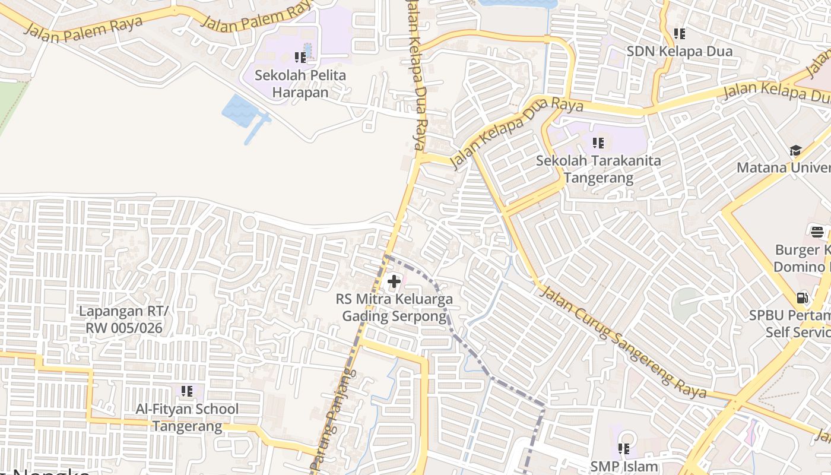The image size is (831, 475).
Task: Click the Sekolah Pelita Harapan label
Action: pyautogui.click(x=300, y=84)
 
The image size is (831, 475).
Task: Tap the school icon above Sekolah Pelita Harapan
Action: pyautogui.click(x=300, y=58)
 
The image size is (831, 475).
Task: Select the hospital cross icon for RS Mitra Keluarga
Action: pyautogui.click(x=394, y=282)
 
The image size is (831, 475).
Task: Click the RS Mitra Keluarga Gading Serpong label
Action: pyautogui.click(x=394, y=308)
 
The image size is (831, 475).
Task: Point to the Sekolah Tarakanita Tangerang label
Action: pyautogui.click(x=598, y=169)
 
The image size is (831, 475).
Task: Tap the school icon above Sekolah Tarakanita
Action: pyautogui.click(x=598, y=143)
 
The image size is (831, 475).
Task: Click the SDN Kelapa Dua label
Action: pyautogui.click(x=680, y=51)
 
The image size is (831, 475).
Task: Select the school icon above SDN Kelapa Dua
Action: pyautogui.click(x=680, y=34)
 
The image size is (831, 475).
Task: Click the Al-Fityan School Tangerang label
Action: pyautogui.click(x=187, y=417)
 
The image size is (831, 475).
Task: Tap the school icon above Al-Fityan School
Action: pyautogui.click(x=187, y=391)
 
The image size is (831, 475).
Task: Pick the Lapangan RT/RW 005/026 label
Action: pyautogui.click(x=123, y=319)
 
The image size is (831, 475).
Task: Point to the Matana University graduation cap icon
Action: pyautogui.click(x=795, y=150)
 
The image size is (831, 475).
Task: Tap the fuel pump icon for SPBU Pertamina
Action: pyautogui.click(x=802, y=297)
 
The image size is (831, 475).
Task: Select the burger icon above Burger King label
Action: pyautogui.click(x=817, y=231)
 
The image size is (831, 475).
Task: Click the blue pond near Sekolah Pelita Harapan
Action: pyautogui.click(x=242, y=110)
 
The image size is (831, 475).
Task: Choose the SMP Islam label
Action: pyautogui.click(x=624, y=467)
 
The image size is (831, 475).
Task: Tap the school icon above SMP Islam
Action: pyautogui.click(x=624, y=449)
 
